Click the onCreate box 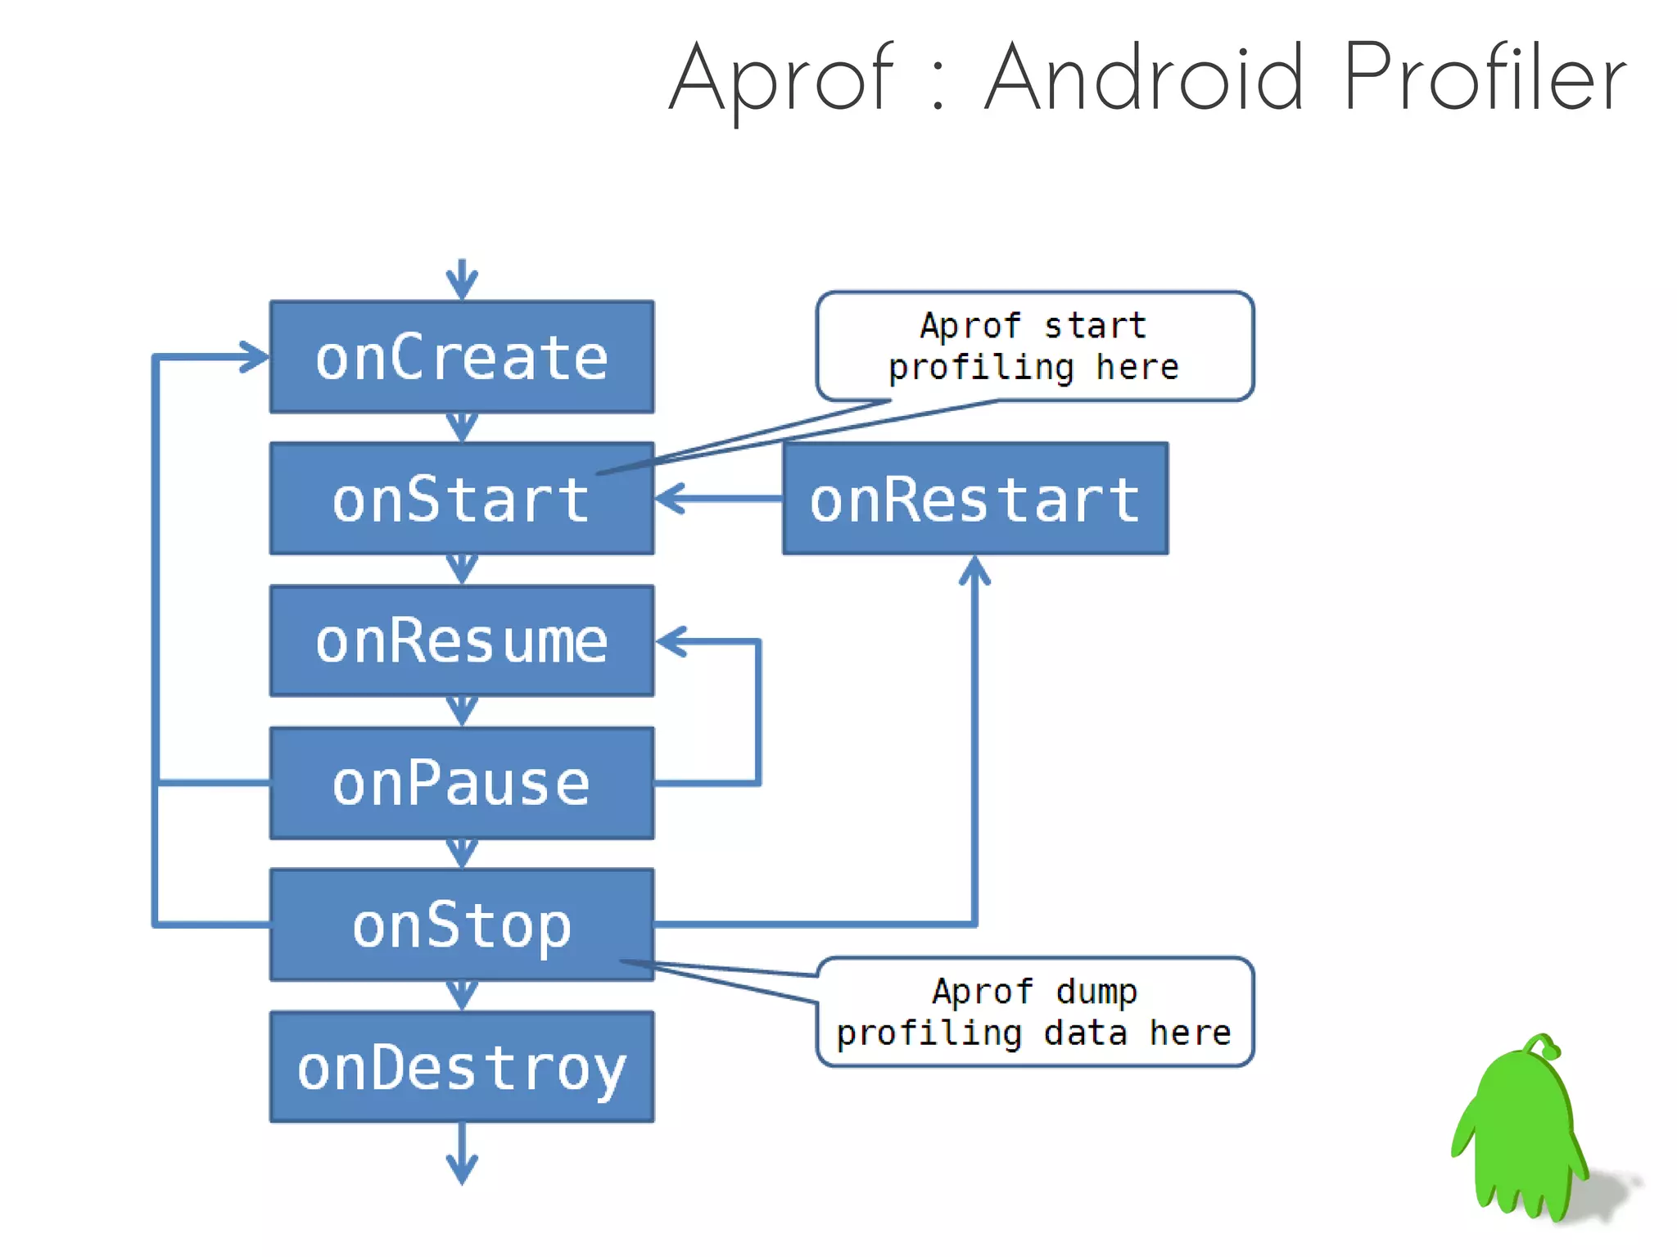click(462, 357)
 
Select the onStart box click(462, 499)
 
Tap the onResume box click(462, 640)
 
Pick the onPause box click(462, 783)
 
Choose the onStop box click(462, 925)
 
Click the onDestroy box click(462, 1066)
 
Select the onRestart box click(974, 499)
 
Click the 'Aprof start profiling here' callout click(1034, 346)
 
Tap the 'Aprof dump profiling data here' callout click(1034, 1012)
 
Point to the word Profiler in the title click(1484, 78)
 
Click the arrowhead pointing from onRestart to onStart click(670, 498)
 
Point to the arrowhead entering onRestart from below click(974, 570)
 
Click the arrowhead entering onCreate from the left click(254, 357)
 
